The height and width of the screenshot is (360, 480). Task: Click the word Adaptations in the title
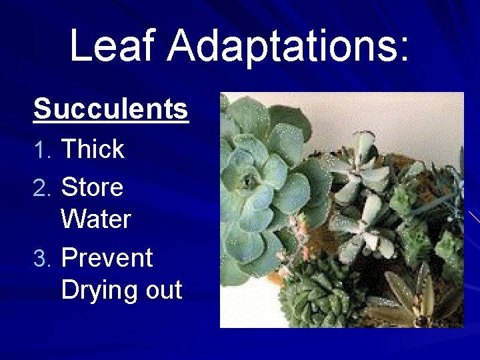pyautogui.click(x=280, y=47)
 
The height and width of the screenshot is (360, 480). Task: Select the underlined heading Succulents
pyautogui.click(x=111, y=108)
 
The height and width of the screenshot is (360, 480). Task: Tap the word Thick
pyautogui.click(x=92, y=149)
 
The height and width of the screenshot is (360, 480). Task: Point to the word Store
pyautogui.click(x=92, y=187)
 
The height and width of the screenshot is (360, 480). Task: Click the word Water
pyautogui.click(x=96, y=219)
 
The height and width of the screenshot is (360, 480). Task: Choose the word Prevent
pyautogui.click(x=107, y=257)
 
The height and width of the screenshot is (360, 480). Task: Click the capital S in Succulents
pyautogui.click(x=43, y=108)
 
